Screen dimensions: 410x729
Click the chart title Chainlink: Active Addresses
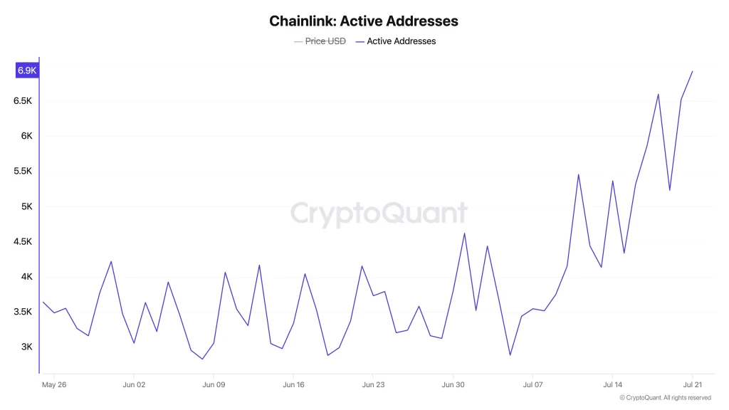click(364, 21)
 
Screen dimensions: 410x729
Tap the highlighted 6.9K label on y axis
click(27, 70)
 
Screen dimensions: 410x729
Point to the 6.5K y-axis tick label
click(23, 101)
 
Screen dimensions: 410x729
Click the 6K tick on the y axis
click(26, 136)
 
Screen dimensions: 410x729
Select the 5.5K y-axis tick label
click(23, 172)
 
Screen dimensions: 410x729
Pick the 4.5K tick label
click(23, 242)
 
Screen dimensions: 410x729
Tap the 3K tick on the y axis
click(26, 347)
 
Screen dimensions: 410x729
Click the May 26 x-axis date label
click(54, 385)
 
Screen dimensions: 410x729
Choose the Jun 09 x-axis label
click(214, 385)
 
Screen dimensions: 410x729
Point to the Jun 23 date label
click(373, 385)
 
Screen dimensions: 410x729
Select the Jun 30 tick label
click(453, 385)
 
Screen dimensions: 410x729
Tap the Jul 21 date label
click(692, 385)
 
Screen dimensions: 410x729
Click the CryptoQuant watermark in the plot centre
click(379, 213)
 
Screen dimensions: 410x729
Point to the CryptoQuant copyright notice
click(665, 398)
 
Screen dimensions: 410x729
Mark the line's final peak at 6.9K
click(692, 71)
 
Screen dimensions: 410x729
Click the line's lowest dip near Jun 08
click(202, 359)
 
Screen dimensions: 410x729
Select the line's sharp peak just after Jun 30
click(464, 233)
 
